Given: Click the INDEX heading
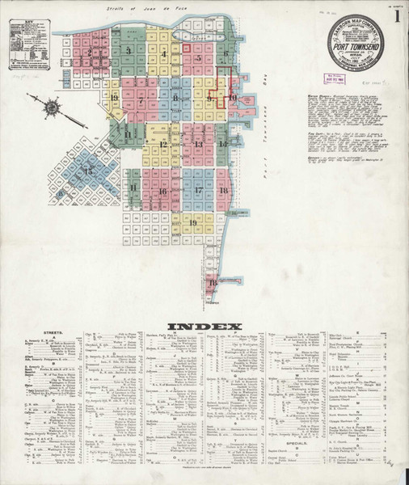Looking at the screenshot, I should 204,327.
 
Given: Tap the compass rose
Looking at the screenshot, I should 51,105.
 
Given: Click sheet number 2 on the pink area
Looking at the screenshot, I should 88,53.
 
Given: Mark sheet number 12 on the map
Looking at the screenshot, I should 162,145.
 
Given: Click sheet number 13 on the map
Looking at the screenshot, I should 198,145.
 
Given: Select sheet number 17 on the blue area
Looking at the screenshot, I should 198,191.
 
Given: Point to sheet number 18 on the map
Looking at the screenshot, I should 223,191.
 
